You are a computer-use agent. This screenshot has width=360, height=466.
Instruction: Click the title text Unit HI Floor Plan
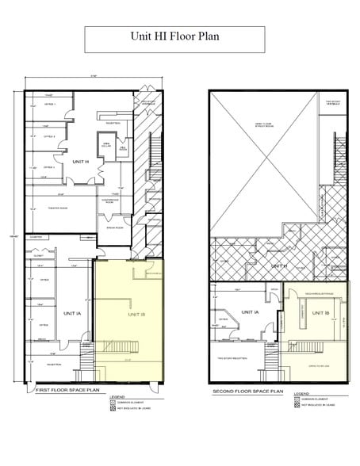[174, 36]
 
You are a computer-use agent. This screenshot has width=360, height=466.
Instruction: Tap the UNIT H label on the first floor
[79, 162]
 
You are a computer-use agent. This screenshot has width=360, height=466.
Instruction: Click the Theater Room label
[57, 208]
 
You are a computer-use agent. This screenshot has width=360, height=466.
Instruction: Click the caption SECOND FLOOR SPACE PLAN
[248, 392]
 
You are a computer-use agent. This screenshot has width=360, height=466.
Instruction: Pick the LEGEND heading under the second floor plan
[301, 393]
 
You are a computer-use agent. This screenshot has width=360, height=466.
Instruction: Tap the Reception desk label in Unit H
[113, 123]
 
